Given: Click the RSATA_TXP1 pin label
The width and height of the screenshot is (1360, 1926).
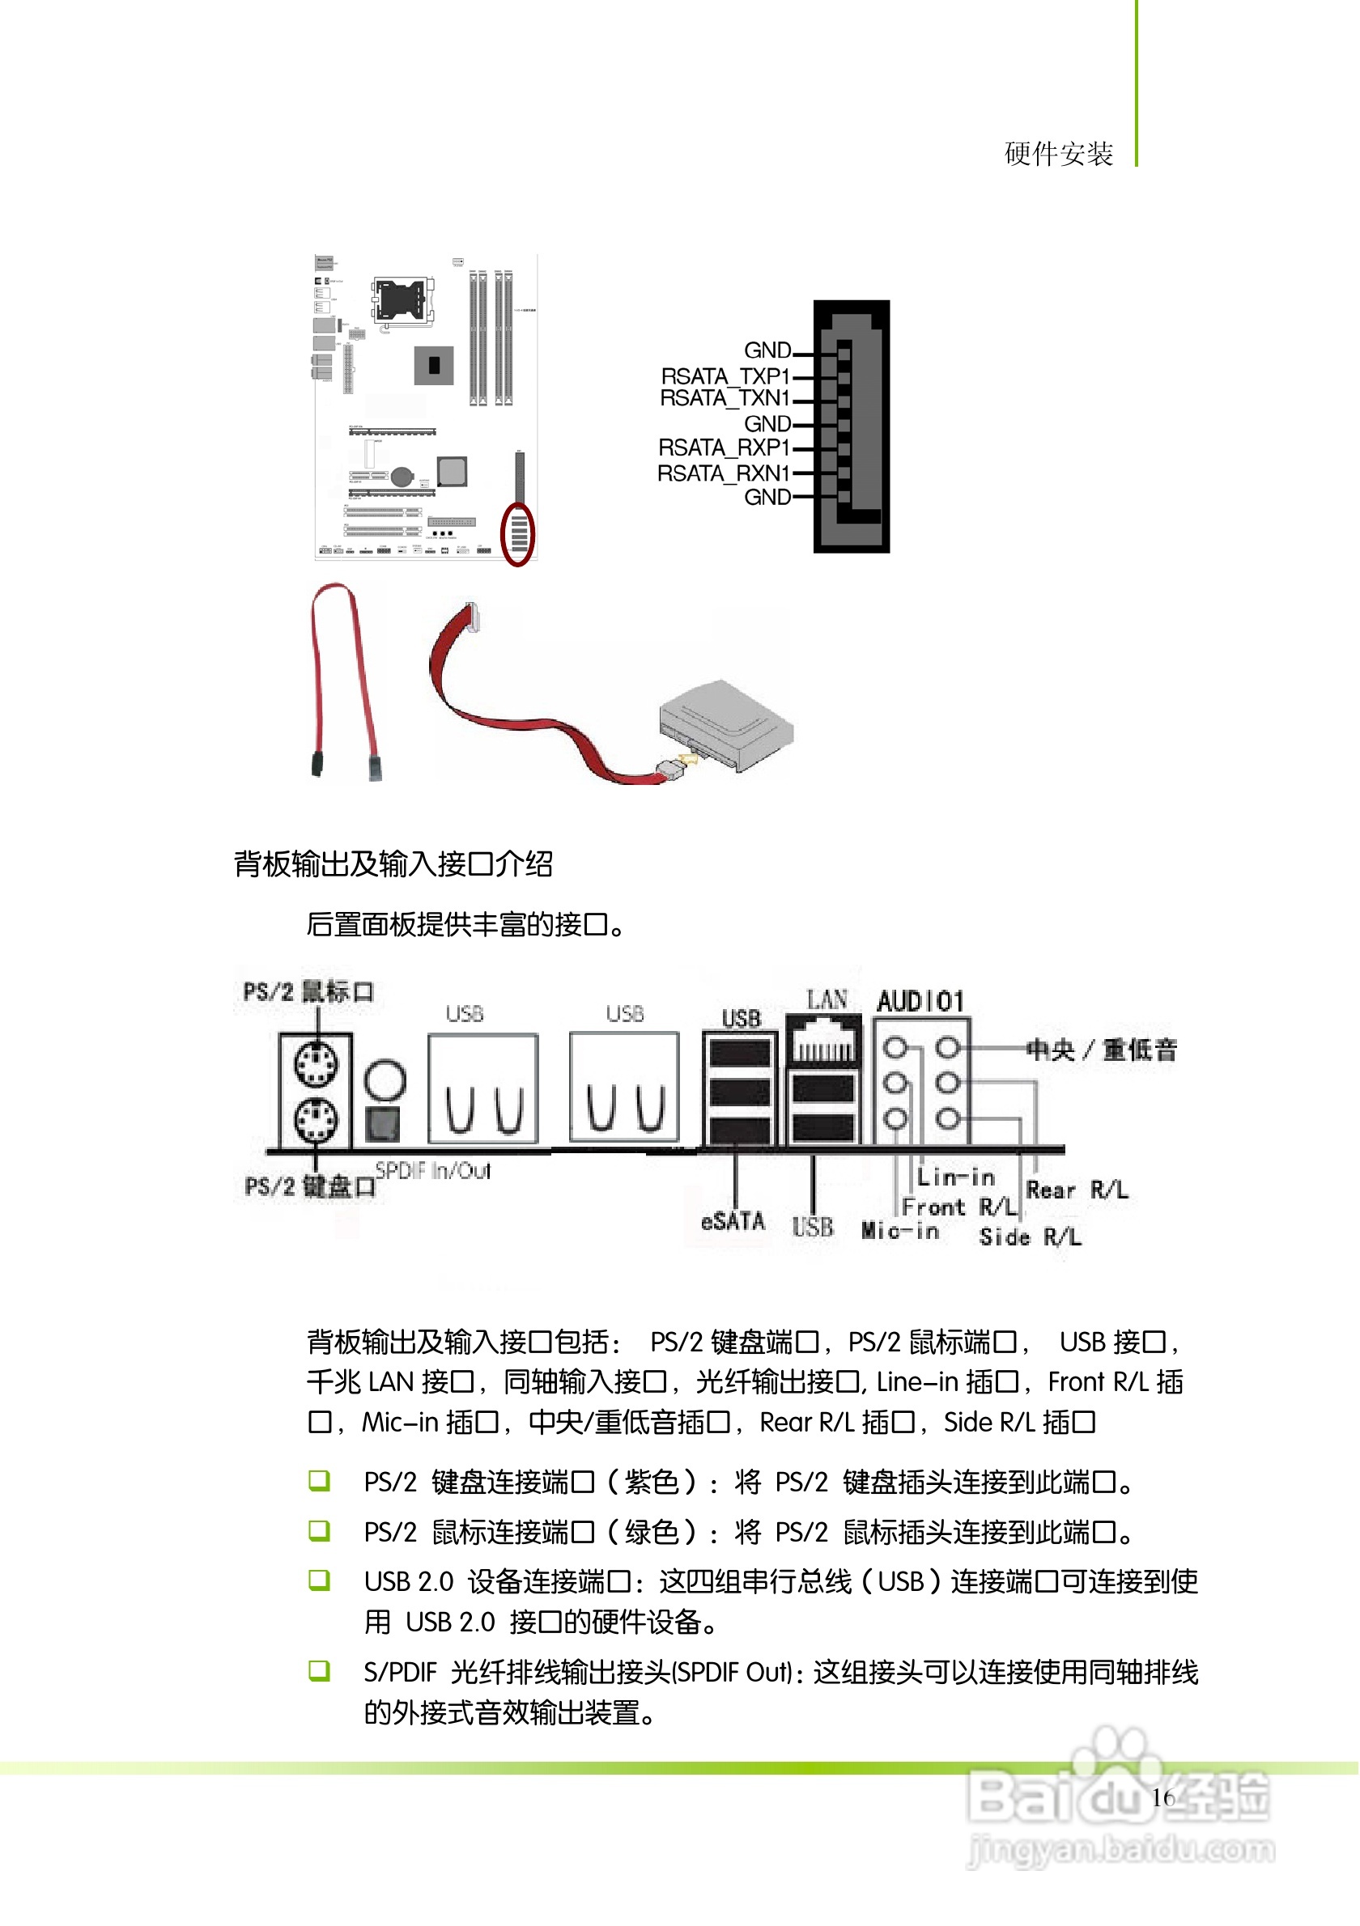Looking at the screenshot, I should pyautogui.click(x=725, y=375).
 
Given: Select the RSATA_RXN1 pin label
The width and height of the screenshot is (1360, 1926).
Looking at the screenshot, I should pyautogui.click(x=723, y=473).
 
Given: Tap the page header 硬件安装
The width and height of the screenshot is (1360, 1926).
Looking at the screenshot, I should pyautogui.click(x=1058, y=155).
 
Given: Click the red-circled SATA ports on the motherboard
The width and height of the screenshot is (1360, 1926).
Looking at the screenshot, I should pyautogui.click(x=517, y=534).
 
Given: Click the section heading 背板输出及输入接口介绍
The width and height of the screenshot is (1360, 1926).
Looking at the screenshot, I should pyautogui.click(x=393, y=864).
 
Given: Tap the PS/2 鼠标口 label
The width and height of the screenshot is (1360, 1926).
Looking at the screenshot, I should pyautogui.click(x=308, y=991).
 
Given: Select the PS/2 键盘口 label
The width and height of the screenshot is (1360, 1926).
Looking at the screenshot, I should pyautogui.click(x=309, y=1186).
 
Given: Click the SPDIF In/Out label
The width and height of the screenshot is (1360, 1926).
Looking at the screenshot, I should pyautogui.click(x=432, y=1170).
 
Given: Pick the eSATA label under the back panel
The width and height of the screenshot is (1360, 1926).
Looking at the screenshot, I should pyautogui.click(x=733, y=1221).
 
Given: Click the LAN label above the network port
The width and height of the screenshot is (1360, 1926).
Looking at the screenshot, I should pyautogui.click(x=827, y=1000).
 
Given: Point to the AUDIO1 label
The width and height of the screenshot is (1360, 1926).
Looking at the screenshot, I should pyautogui.click(x=920, y=1001).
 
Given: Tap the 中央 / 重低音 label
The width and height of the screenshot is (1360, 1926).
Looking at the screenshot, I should pyautogui.click(x=1102, y=1050).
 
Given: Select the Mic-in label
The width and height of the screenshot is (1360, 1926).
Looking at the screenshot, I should pyautogui.click(x=899, y=1231).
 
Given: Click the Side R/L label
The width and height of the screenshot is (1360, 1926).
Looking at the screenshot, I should pyautogui.click(x=1030, y=1237).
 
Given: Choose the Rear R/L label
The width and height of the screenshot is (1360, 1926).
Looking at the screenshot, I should pyautogui.click(x=1077, y=1190).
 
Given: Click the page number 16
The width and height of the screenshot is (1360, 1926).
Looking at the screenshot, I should pyautogui.click(x=1162, y=1797).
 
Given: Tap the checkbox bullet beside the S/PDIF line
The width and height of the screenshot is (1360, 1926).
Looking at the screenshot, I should pyautogui.click(x=319, y=1670).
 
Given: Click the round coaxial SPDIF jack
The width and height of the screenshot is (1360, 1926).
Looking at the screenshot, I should pyautogui.click(x=385, y=1080).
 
